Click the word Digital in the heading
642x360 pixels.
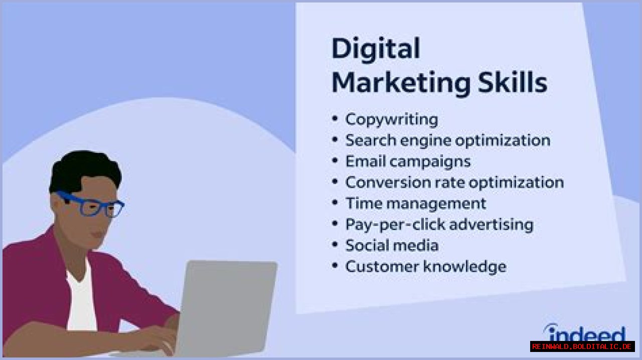[x=375, y=50]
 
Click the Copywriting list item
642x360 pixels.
[x=391, y=119]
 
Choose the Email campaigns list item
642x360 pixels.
[x=408, y=161]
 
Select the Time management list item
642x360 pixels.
[x=415, y=204]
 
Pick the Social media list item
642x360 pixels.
[x=392, y=246]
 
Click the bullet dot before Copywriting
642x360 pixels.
[x=335, y=119]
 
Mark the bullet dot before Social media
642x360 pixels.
[x=335, y=245]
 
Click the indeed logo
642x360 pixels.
[x=585, y=333]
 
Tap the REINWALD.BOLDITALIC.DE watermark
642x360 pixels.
[x=582, y=346]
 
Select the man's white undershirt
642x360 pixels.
[x=80, y=301]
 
